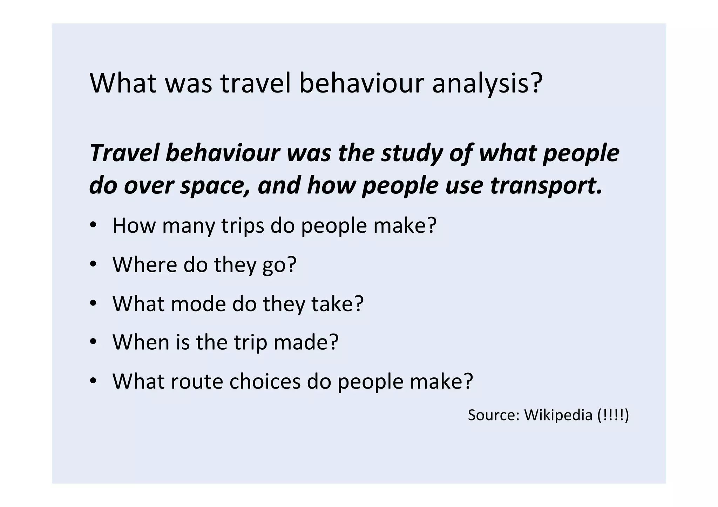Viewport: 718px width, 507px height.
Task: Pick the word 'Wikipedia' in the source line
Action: (x=558, y=415)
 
